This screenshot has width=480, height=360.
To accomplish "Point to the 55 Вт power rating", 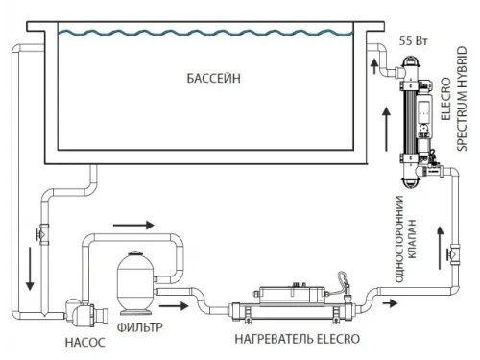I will (409, 42).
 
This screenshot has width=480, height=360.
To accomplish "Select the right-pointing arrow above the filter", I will (135, 227).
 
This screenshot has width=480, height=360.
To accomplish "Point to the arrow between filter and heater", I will (173, 308).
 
